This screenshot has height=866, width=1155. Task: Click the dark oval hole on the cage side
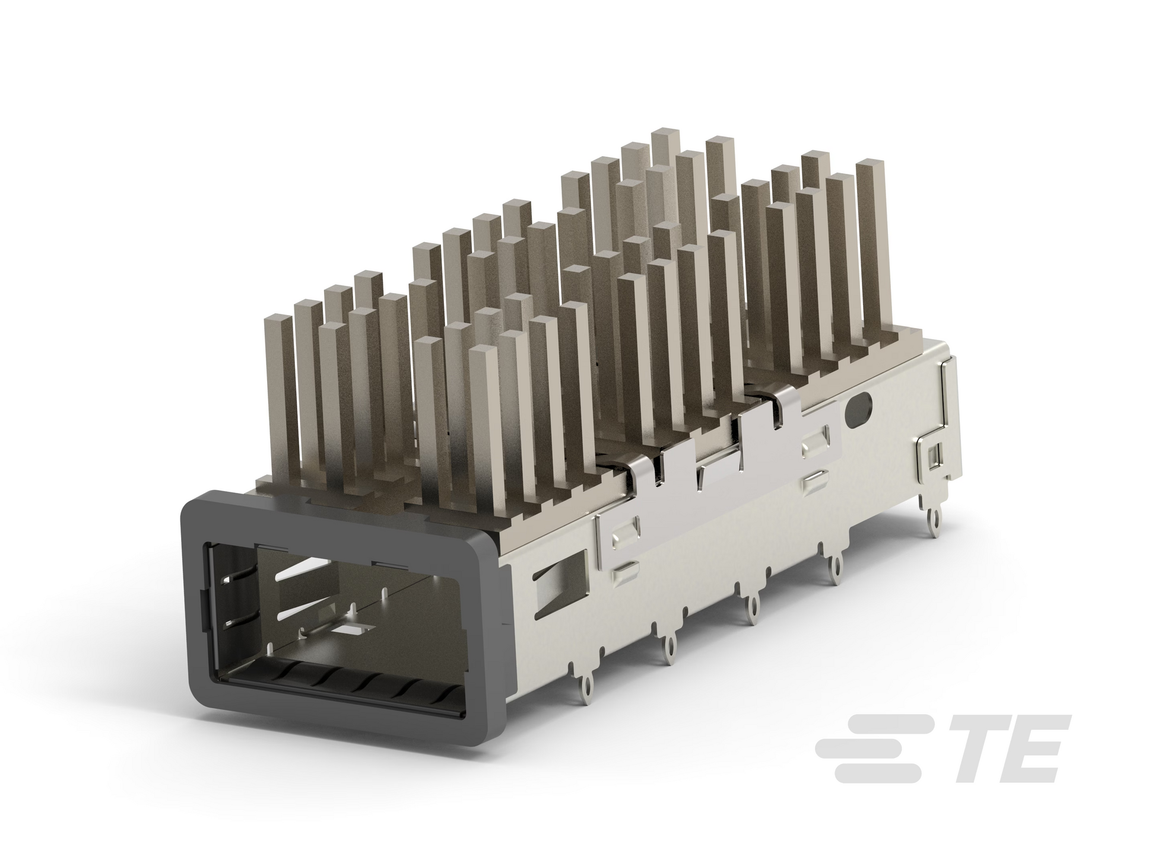pos(860,409)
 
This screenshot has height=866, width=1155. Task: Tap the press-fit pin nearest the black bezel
pos(586,686)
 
